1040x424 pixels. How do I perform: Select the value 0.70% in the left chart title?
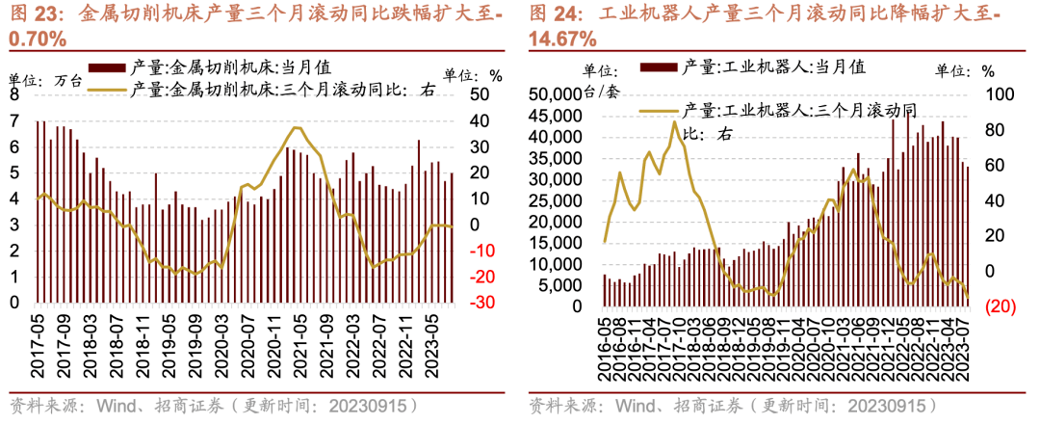point(38,40)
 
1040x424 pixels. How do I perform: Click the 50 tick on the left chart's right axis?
point(479,94)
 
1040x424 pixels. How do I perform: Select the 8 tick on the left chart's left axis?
point(13,95)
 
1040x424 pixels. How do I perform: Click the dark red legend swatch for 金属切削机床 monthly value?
point(105,67)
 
